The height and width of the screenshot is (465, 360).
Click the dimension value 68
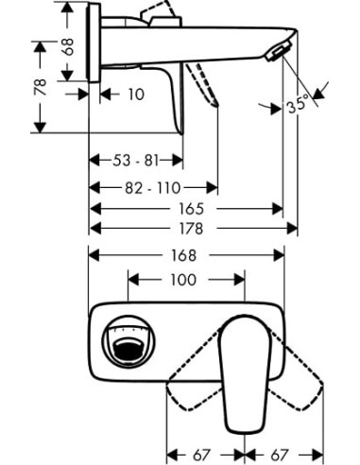tap(65, 47)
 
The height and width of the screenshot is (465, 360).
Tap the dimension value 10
tap(136, 95)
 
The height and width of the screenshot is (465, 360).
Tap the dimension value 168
tap(185, 256)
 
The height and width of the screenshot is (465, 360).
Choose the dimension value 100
tap(185, 280)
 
